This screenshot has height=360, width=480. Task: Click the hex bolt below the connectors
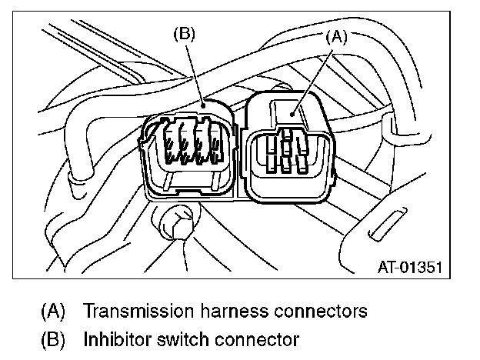coord(173,223)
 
